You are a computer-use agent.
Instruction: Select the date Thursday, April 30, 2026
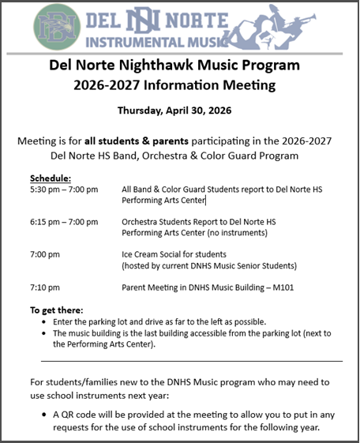[178, 110]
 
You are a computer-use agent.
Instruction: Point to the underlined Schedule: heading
[51, 178]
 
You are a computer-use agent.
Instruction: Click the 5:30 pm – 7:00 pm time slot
[64, 190]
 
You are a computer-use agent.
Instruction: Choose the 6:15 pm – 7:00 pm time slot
[64, 223]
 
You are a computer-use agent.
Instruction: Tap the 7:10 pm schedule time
[45, 288]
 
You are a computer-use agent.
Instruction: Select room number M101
[281, 288]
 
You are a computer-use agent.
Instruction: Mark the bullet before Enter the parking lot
[43, 323]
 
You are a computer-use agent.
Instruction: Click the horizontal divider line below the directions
[186, 360]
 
